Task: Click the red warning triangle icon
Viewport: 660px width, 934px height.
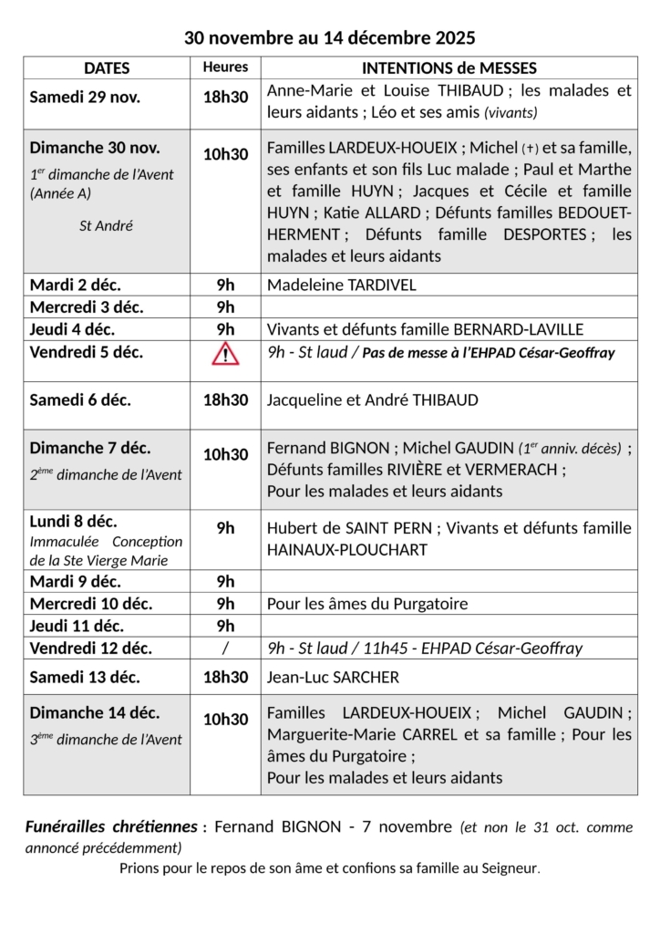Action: tap(225, 354)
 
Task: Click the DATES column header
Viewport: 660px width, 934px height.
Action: tap(107, 68)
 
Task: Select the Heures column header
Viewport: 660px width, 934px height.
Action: tap(225, 67)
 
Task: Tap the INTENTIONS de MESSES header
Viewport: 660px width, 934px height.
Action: tap(449, 68)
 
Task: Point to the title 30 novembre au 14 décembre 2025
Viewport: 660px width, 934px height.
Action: tap(330, 37)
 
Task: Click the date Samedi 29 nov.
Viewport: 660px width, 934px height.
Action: tap(85, 98)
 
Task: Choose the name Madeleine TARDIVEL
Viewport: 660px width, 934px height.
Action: tap(341, 285)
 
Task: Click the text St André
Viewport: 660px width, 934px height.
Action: tap(107, 225)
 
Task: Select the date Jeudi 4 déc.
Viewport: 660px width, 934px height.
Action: tap(73, 329)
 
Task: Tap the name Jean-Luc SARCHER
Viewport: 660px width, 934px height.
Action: tap(333, 677)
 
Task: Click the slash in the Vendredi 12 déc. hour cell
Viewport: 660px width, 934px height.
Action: tap(225, 649)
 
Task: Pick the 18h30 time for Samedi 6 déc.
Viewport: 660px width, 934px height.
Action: tap(225, 400)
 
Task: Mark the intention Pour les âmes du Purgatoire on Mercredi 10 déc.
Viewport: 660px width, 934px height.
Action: tap(366, 604)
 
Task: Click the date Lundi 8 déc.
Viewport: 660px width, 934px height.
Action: tap(74, 522)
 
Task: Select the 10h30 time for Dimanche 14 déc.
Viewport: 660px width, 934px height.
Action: tap(225, 720)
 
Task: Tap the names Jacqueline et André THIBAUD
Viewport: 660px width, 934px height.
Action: tap(372, 400)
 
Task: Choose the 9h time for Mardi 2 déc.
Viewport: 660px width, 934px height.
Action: tap(225, 285)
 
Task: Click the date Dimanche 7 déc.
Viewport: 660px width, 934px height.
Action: tap(90, 448)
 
